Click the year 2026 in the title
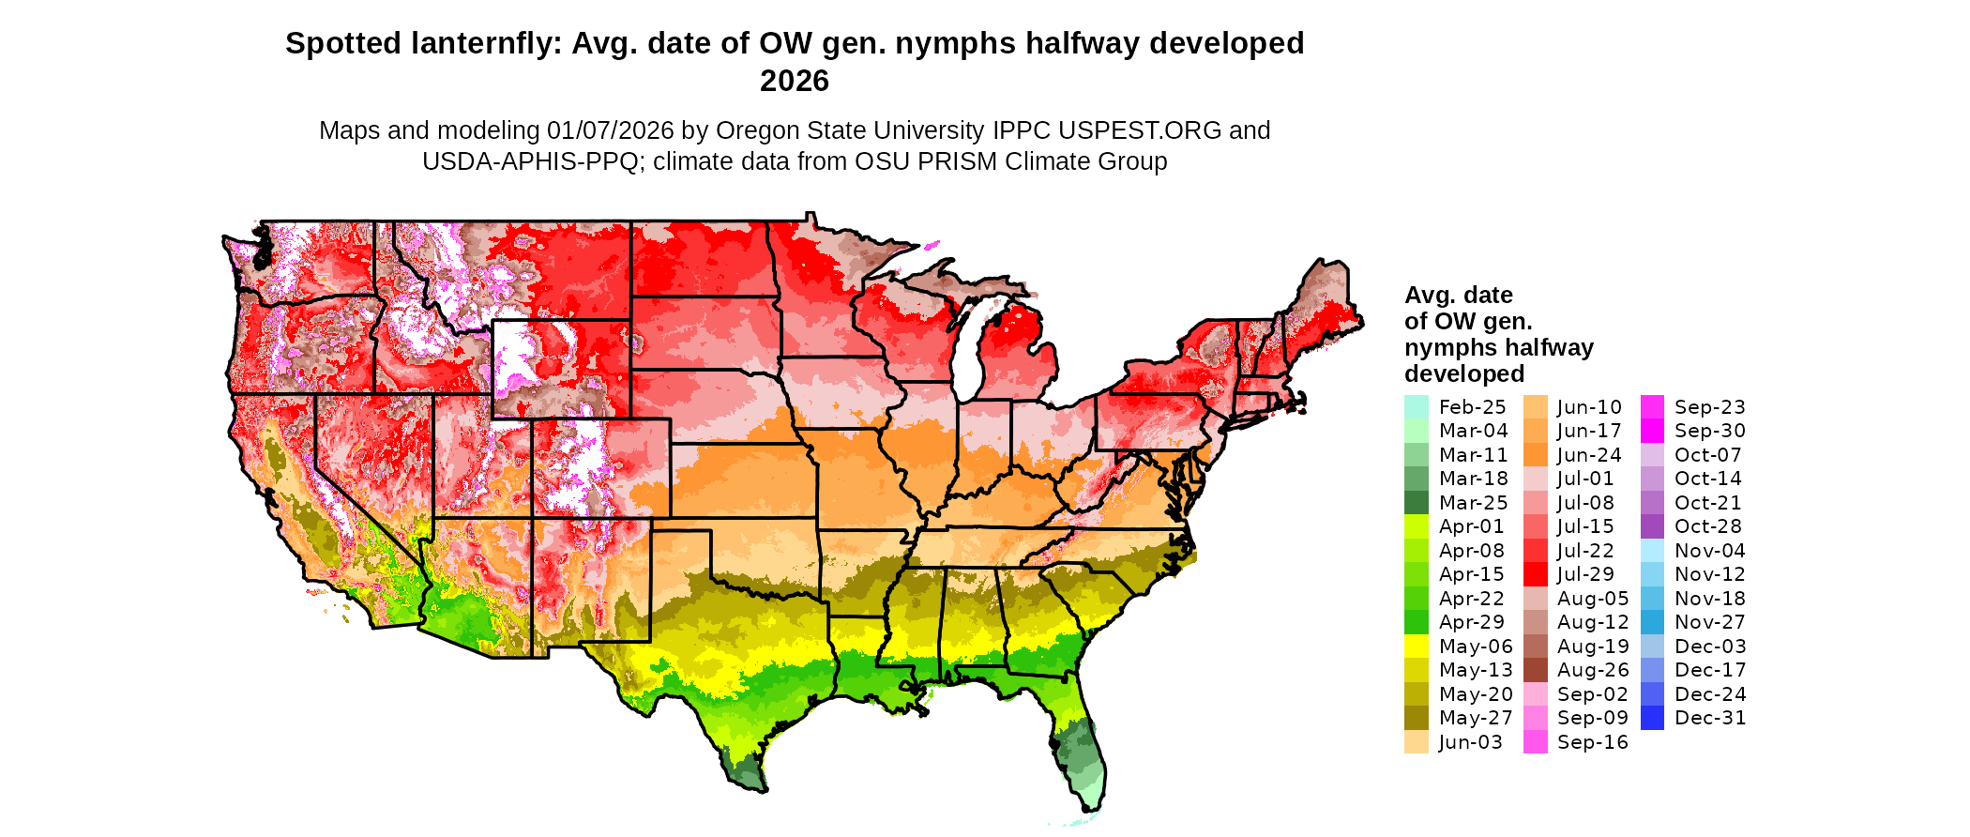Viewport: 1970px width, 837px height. (794, 82)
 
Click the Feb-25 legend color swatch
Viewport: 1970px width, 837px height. (1416, 407)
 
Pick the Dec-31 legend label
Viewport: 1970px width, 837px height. (1709, 718)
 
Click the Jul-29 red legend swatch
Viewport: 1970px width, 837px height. (1535, 574)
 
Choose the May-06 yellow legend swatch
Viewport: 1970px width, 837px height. (1416, 647)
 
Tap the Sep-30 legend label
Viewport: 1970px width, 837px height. (1709, 431)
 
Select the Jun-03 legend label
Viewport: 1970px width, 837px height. (1470, 742)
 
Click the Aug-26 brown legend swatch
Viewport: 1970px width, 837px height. (1535, 670)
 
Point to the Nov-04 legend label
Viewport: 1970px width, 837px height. (1709, 551)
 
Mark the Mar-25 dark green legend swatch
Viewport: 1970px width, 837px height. (1416, 503)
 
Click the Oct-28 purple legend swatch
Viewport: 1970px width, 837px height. (1652, 526)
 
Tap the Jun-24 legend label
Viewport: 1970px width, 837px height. (1589, 455)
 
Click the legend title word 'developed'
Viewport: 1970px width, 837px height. (1463, 374)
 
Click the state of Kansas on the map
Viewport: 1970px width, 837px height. (741, 479)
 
